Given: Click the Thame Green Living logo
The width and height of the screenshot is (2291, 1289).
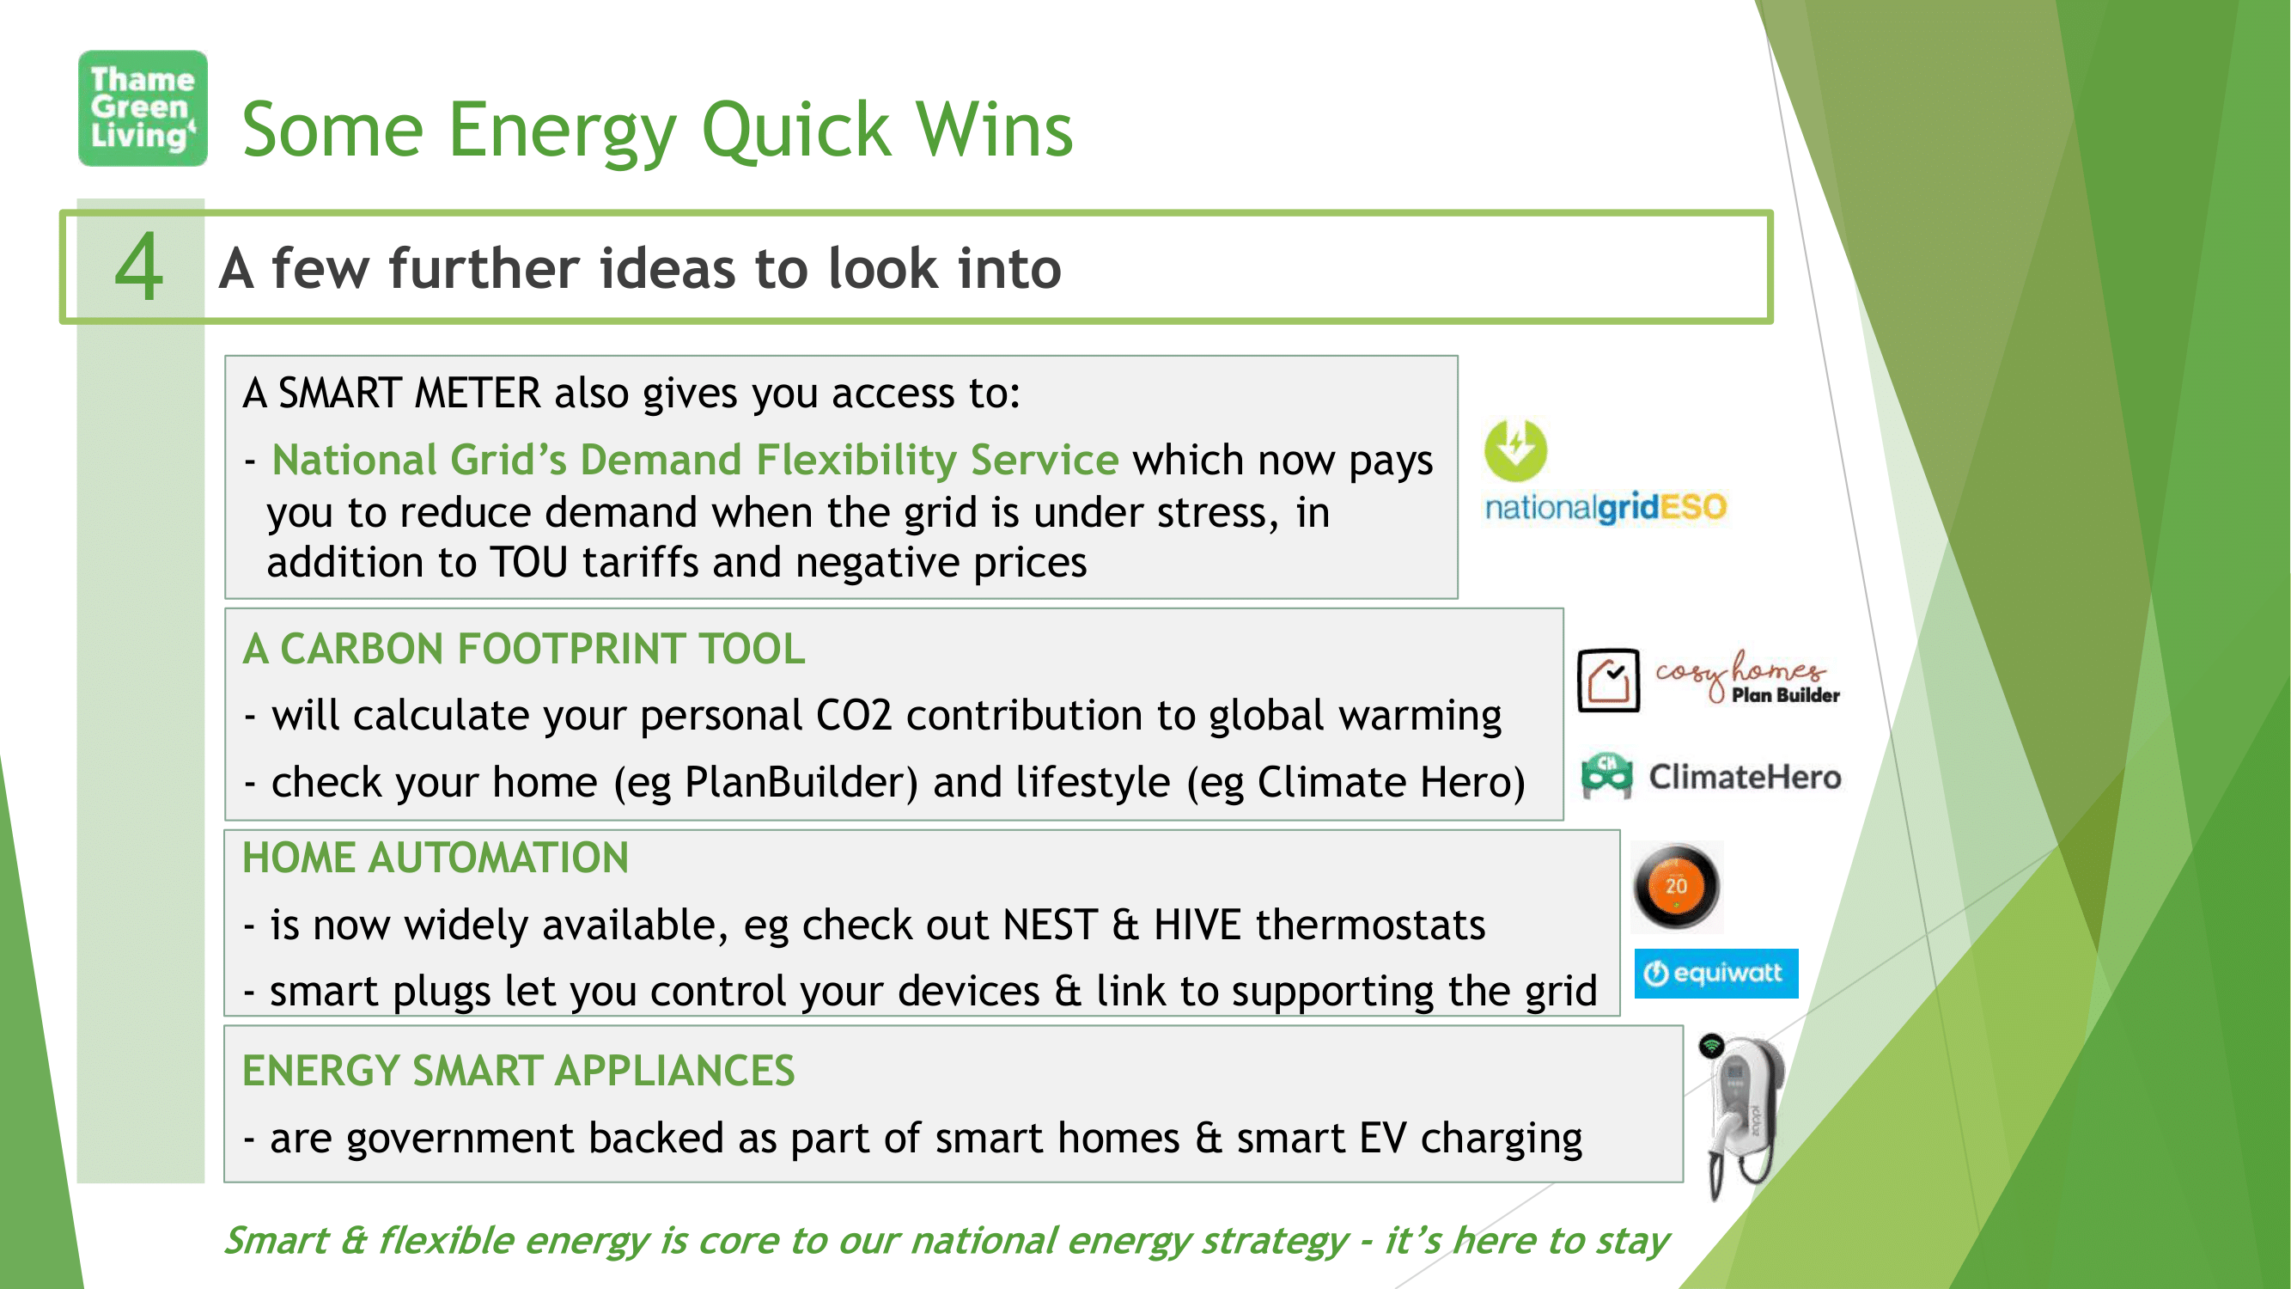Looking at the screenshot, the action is tap(143, 108).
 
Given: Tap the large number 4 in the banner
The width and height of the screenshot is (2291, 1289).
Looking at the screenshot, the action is tap(140, 267).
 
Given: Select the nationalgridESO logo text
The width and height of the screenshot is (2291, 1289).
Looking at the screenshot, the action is tap(1606, 507).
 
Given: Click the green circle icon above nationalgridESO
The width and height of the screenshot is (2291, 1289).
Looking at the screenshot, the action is tap(1515, 450).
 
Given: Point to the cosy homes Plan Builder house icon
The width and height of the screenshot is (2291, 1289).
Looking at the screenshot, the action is tap(1608, 681).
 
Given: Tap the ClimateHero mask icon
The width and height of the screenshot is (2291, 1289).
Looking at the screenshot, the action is tap(1606, 776).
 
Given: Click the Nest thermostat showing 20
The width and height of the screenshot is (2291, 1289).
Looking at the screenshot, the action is tap(1677, 886).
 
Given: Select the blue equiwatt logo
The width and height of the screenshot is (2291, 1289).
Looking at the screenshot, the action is tap(1715, 974).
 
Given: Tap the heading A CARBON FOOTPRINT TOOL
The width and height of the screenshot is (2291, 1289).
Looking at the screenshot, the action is tap(524, 649).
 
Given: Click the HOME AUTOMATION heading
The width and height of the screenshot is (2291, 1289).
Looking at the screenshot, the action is tap(436, 858).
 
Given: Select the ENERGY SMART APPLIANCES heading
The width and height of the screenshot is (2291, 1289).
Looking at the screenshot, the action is tap(519, 1070).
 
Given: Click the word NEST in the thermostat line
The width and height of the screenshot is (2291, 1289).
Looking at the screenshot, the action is tap(1050, 926).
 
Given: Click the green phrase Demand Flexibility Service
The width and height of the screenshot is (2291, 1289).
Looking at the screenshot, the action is tap(850, 461).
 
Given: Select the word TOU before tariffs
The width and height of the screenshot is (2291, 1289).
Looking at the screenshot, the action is tap(529, 563).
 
